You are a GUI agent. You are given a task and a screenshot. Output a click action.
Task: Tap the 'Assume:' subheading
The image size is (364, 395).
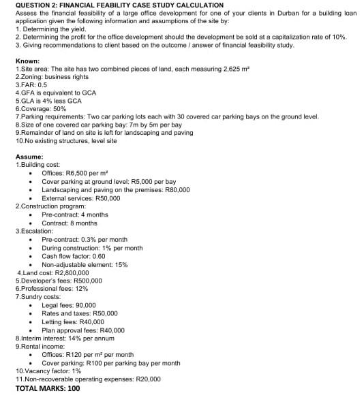pos(29,157)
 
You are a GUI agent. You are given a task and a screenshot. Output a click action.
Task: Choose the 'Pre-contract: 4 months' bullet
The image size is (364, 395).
pos(75,215)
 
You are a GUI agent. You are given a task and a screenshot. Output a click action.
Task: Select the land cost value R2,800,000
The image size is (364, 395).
pos(68,272)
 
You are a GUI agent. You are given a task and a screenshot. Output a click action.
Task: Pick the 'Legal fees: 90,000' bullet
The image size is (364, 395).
pos(68,305)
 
